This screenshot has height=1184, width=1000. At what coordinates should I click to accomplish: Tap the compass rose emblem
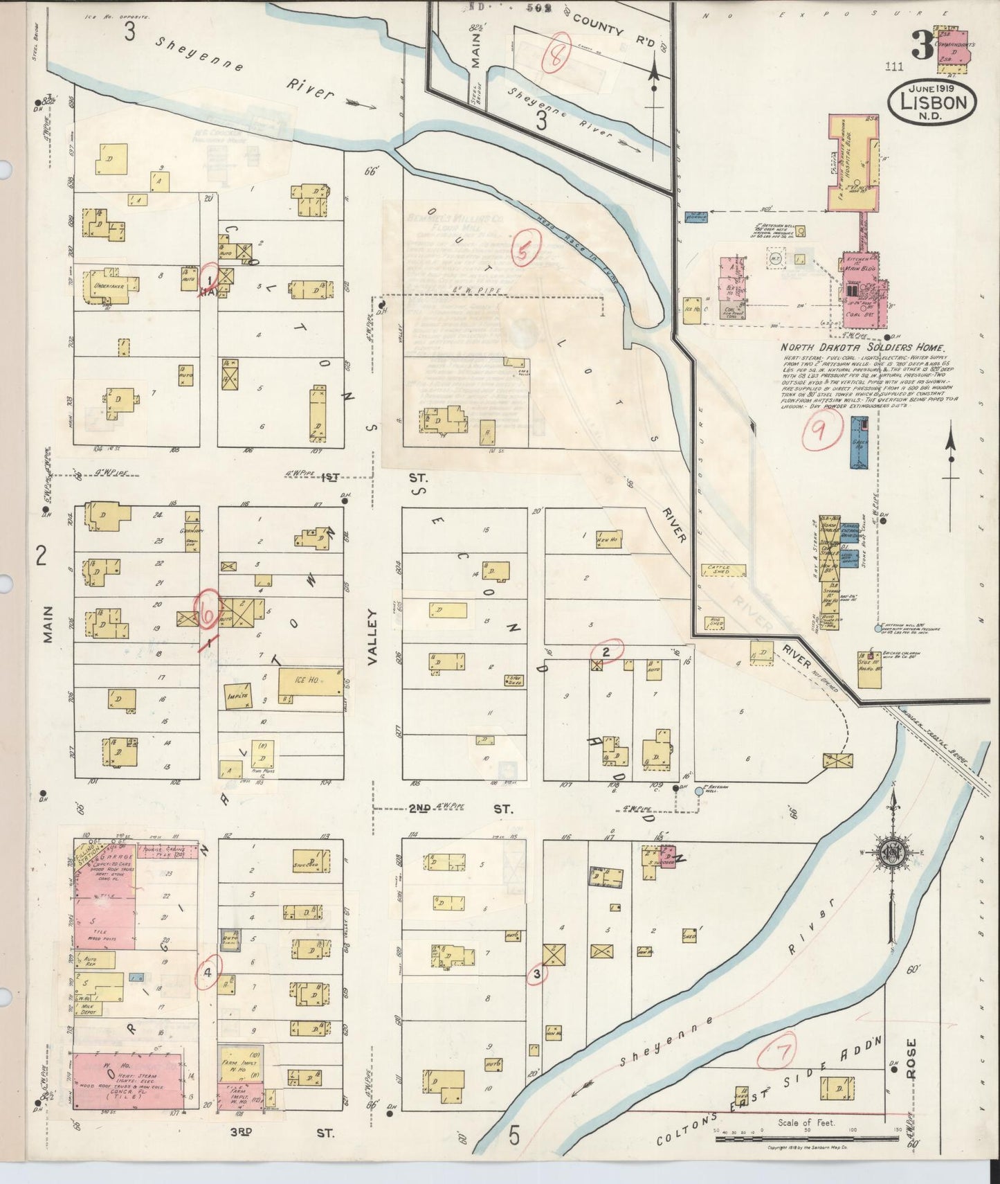(x=893, y=853)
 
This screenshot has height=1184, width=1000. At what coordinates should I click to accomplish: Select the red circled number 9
(x=819, y=432)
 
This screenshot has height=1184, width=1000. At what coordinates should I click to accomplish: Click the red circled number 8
(x=556, y=51)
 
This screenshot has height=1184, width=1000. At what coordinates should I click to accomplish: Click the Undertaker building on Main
(x=109, y=285)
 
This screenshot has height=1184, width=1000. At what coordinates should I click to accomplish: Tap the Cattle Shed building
(x=722, y=571)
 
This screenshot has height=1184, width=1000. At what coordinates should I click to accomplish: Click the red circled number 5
(x=524, y=251)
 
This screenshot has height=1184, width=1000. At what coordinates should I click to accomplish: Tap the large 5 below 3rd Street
(x=514, y=1136)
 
